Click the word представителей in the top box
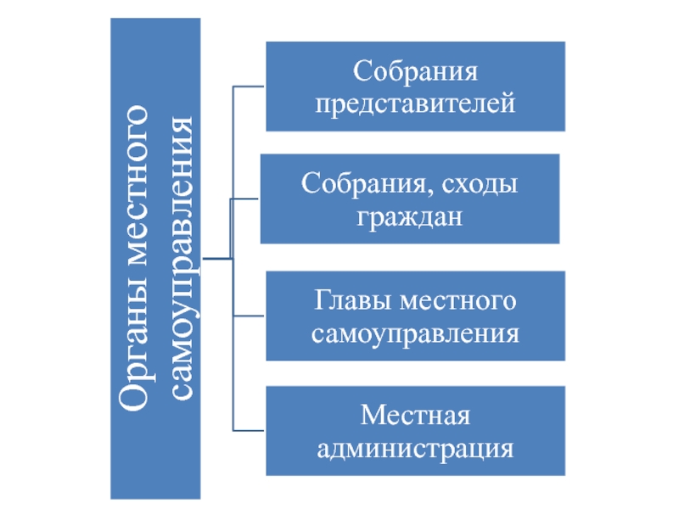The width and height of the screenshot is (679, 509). pyautogui.click(x=416, y=104)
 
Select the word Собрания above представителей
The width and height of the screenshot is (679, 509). pyautogui.click(x=416, y=70)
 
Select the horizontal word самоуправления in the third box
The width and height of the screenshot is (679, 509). pyautogui.click(x=415, y=333)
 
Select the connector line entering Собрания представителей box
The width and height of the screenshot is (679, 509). pyautogui.click(x=250, y=86)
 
